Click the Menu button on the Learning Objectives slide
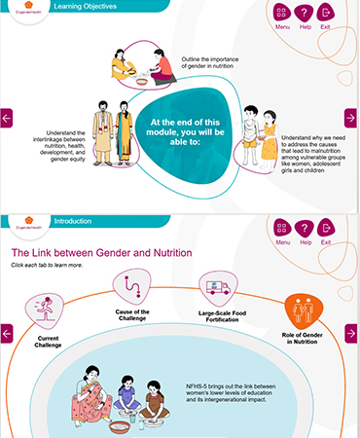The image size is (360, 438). point(282,14)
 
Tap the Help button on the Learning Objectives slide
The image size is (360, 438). point(305,14)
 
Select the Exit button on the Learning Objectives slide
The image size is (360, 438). point(326,14)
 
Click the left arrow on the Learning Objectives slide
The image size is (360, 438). point(6,118)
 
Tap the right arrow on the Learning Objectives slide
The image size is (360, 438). point(351,118)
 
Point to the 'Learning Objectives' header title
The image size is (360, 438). point(86,7)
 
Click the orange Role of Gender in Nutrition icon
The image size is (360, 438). point(304,312)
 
